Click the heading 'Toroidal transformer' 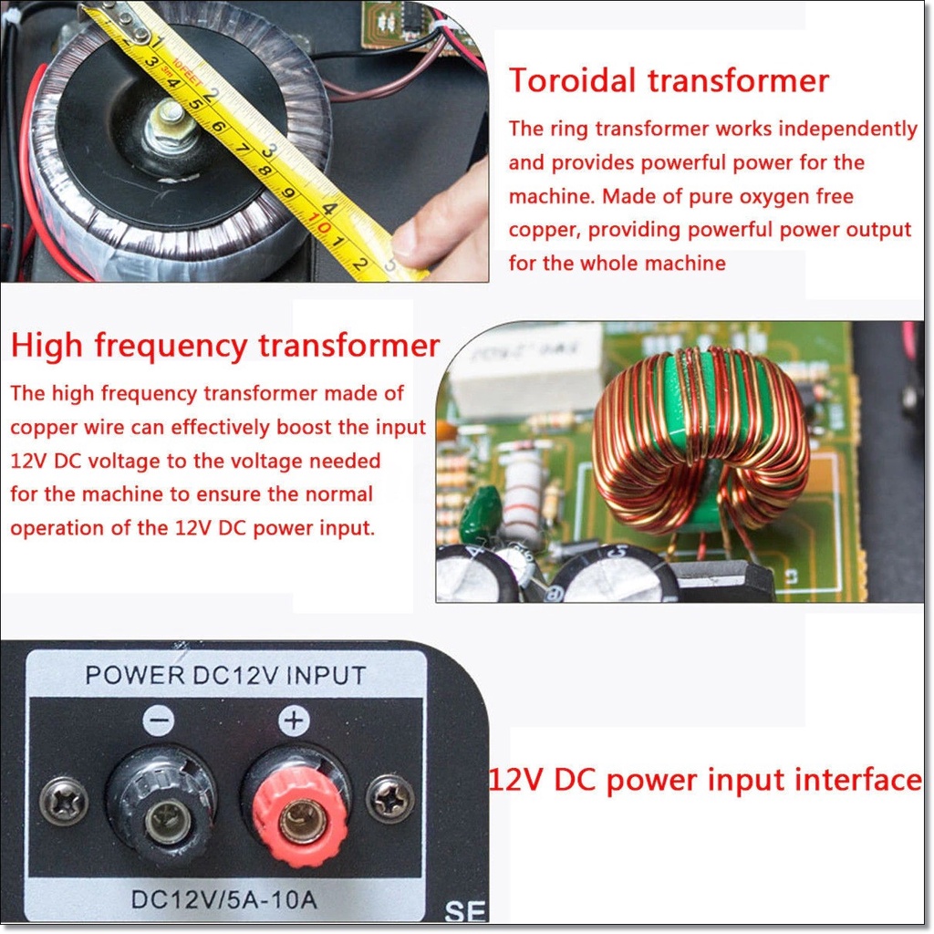pos(669,80)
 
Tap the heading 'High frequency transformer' pos(225,346)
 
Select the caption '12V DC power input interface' pos(705,780)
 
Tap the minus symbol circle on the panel pos(159,721)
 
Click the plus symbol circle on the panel pos(295,721)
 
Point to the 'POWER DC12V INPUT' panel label pos(226,676)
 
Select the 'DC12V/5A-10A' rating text pos(224,899)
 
